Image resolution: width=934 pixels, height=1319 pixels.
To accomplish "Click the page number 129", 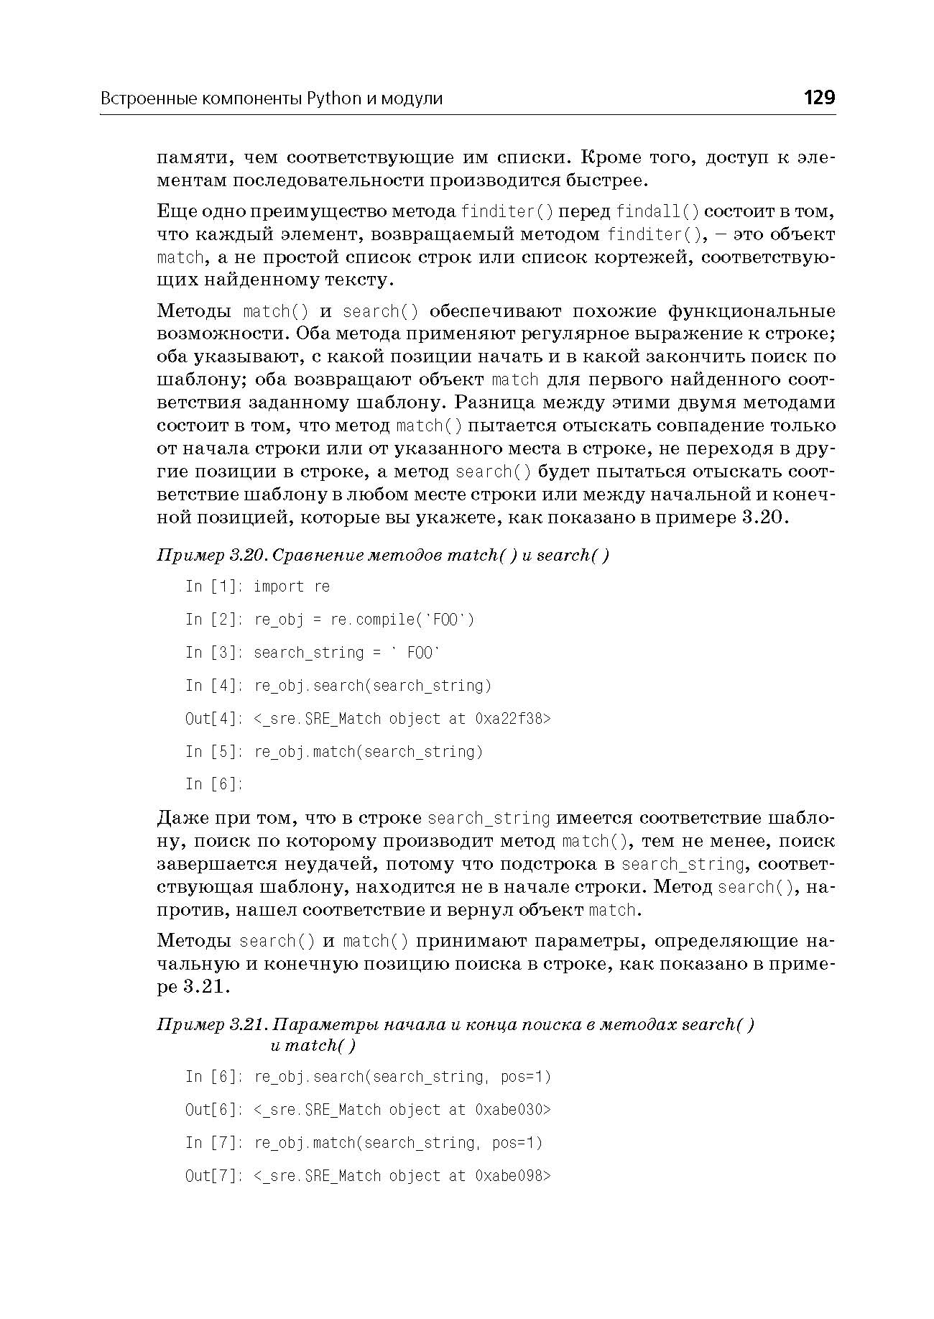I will pos(819,97).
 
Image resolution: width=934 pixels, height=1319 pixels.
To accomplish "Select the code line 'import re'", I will pos(292,587).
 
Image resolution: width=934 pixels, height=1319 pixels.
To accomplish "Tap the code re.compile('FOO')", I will pos(402,620).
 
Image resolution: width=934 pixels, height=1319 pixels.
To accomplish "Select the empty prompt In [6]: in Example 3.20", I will pos(214,784).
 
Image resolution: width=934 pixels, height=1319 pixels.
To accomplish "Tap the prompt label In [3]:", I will pos(214,653).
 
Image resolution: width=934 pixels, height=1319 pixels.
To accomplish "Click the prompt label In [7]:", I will pos(214,1143).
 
